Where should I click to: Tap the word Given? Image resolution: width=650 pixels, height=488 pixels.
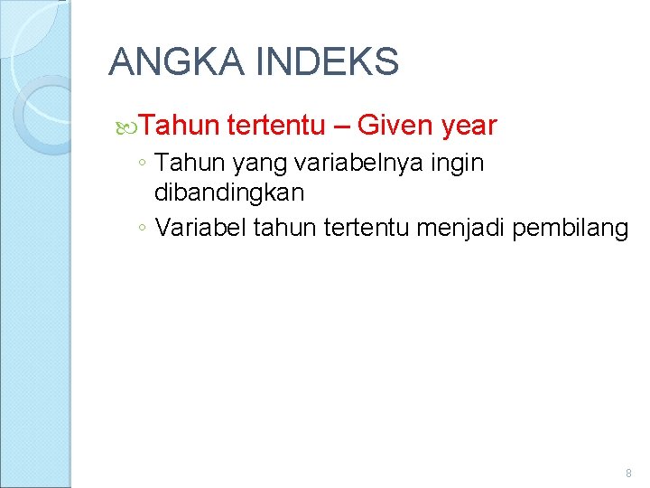click(396, 125)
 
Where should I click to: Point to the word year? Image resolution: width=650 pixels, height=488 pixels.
click(469, 126)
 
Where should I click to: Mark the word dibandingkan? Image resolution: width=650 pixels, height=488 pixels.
click(229, 192)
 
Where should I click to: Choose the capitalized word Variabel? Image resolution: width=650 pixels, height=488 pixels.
click(201, 228)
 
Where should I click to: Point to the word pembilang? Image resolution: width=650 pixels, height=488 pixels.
click(571, 229)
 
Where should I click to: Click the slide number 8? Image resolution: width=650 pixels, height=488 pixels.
click(628, 473)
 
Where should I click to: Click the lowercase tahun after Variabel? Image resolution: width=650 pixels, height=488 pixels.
click(279, 228)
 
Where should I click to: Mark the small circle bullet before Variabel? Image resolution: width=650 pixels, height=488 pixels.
click(142, 230)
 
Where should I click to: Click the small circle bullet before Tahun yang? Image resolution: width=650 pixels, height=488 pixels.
click(142, 165)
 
